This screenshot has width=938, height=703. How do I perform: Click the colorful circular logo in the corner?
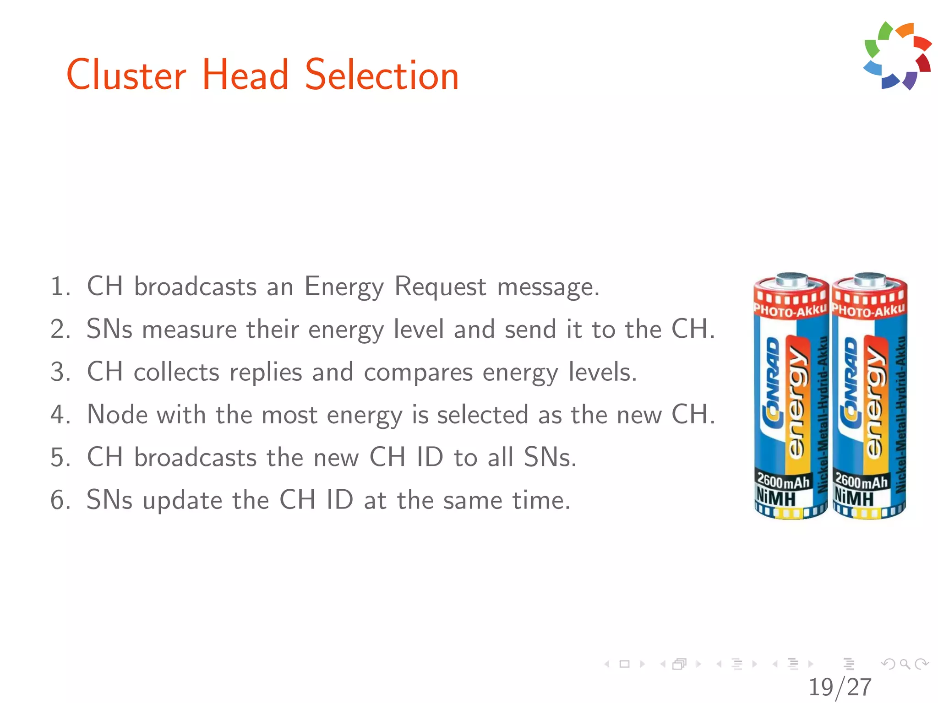897,55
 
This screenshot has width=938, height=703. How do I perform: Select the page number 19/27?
840,687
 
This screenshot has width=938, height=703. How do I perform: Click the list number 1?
59,287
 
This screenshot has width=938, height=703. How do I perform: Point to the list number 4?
59,415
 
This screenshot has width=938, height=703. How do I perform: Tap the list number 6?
59,500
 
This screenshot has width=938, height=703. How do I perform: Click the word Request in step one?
440,287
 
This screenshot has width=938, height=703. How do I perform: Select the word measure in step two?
189,330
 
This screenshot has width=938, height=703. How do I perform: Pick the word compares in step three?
418,373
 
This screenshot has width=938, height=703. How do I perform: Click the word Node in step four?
117,415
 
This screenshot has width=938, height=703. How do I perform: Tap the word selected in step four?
482,415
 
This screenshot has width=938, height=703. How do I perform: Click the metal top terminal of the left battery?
791,279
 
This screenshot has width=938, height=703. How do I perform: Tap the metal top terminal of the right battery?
870,279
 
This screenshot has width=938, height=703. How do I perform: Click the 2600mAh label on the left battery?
783,481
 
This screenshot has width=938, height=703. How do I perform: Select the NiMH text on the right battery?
854,497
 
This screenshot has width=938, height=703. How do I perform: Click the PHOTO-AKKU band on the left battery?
791,311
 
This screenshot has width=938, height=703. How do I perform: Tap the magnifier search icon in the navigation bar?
905,664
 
